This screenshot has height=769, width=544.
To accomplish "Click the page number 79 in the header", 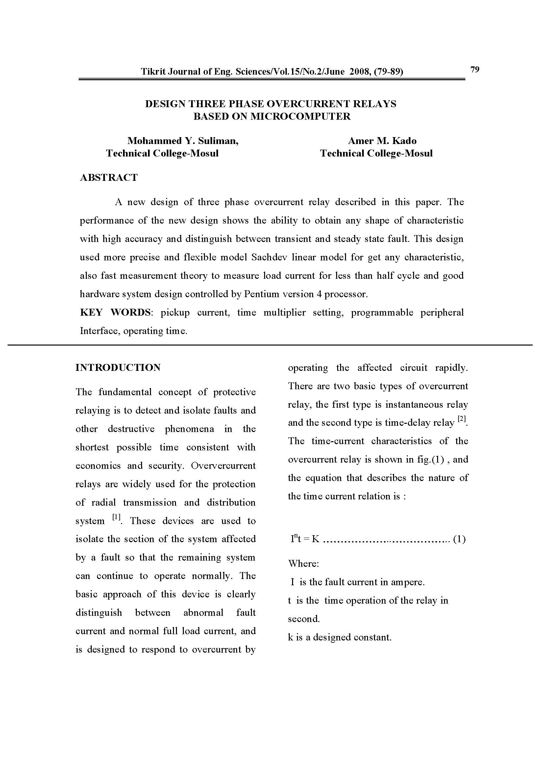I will [x=475, y=69].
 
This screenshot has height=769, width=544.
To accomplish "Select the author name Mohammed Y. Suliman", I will [x=183, y=141].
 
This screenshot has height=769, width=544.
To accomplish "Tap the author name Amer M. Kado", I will [x=382, y=141].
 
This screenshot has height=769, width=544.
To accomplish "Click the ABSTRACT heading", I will [x=109, y=178].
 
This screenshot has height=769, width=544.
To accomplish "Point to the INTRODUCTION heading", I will [x=118, y=368].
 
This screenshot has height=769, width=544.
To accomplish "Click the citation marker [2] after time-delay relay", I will [x=461, y=419].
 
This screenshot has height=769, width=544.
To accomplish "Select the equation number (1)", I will [x=459, y=539].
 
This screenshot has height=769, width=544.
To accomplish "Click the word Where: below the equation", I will [x=304, y=564].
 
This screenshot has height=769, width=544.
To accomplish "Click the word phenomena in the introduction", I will [x=189, y=429].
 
